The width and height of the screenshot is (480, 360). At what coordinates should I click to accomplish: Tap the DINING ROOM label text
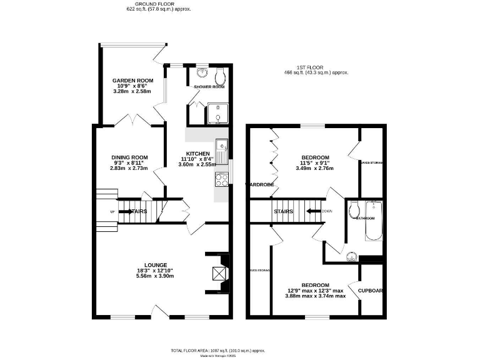129,157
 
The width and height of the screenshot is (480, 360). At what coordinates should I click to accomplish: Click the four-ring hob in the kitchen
221,179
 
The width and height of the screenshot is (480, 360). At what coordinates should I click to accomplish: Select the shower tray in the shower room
215,115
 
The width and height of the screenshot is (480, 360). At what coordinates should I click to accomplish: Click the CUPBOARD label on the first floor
370,290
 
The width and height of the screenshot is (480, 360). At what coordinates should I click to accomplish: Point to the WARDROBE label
261,184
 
